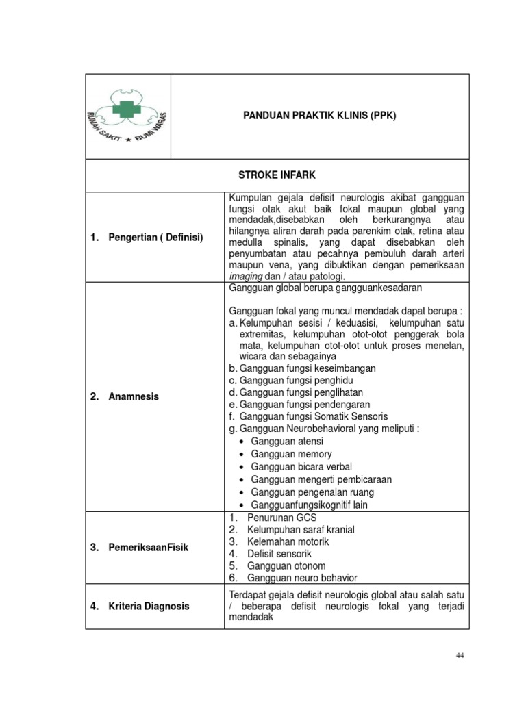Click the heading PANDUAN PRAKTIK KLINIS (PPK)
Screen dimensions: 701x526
tap(320, 116)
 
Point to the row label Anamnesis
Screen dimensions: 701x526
tap(134, 396)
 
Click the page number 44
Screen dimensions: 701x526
tap(460, 655)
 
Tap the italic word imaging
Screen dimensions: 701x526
tap(245, 276)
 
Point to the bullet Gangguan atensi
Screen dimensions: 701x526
tap(287, 442)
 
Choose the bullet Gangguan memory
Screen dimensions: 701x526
tap(291, 454)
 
